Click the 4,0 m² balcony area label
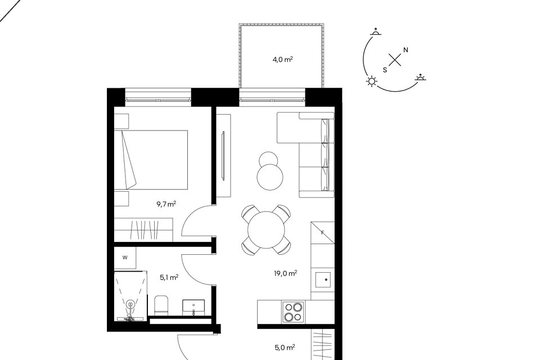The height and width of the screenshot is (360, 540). point(283,60)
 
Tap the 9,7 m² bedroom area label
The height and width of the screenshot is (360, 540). point(166,204)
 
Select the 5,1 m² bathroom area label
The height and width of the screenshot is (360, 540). point(169,277)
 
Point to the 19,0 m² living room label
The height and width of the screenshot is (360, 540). point(286,274)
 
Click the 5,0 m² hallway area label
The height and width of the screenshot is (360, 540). point(285,348)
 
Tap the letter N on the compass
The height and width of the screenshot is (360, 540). point(406,50)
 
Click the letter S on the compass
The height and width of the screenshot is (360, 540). point(385,70)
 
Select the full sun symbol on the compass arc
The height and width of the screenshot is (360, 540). point(372,82)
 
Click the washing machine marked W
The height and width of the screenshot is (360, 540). point(125,258)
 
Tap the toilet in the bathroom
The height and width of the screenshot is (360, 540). point(161,305)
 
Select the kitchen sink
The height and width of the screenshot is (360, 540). point(323,280)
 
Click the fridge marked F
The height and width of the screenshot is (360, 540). point(323,233)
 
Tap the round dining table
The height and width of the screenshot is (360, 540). point(266,229)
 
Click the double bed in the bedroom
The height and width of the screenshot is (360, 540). point(151,160)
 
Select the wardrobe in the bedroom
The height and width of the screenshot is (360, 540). point(143,229)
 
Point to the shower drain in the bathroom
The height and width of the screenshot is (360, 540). point(130,304)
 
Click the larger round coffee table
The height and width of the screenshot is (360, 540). point(270,177)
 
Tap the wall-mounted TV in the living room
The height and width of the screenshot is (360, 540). point(223,155)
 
